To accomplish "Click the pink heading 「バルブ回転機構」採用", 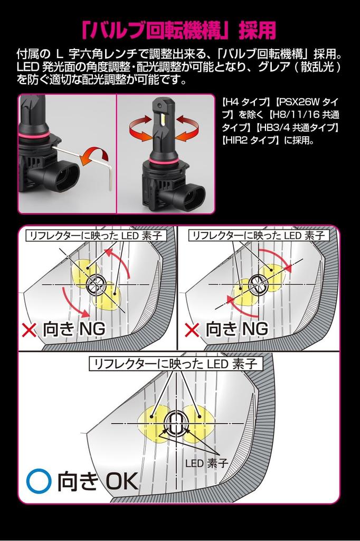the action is (x=179, y=30).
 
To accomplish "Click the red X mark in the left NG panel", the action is (x=29, y=330).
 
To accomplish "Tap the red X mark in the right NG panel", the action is (x=192, y=330).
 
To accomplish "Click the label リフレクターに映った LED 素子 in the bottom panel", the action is (x=176, y=364).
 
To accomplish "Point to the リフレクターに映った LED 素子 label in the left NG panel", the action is (x=96, y=236).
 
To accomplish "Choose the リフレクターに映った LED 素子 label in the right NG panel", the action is (x=258, y=236).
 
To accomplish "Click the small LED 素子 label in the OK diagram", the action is (x=206, y=463).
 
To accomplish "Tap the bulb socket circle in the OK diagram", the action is (x=176, y=423).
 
